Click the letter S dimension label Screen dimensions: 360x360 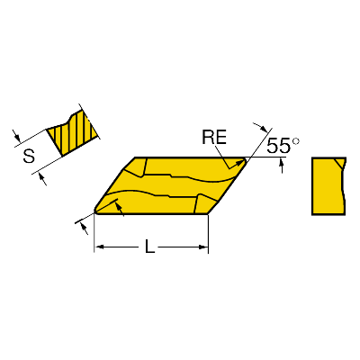point(29,156)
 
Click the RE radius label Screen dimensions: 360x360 point(214,138)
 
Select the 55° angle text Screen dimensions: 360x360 point(283,146)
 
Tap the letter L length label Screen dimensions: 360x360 point(149,247)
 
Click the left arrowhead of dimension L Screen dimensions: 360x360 point(99,247)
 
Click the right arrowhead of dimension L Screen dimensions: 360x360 point(203,247)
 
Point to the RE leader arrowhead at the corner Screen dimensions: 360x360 point(240,162)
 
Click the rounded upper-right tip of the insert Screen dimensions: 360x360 point(245,160)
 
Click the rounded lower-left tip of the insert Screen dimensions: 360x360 point(96,211)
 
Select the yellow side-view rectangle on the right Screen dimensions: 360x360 point(328,186)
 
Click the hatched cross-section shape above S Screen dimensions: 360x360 point(73,132)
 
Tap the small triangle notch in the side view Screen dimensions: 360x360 point(340,163)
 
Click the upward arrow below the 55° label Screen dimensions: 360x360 point(282,166)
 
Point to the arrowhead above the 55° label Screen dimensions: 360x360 point(263,129)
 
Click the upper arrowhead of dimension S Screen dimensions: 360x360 point(17,138)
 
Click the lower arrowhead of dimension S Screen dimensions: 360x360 point(41,177)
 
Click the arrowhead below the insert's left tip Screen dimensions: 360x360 point(84,227)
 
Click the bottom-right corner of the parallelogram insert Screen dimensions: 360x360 point(208,214)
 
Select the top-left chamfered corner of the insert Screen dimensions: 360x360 point(128,164)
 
